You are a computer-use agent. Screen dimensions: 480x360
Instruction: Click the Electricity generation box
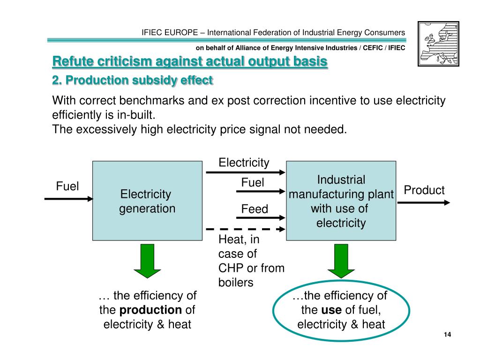click(x=147, y=201)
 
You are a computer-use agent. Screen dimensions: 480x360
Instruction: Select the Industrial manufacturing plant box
click(x=341, y=201)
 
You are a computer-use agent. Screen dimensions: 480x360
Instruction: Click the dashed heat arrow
click(x=245, y=229)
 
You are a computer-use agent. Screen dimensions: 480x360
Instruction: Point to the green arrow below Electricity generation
click(x=147, y=260)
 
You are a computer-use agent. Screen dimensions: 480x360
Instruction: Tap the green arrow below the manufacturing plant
click(x=341, y=260)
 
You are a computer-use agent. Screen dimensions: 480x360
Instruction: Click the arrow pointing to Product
click(x=423, y=202)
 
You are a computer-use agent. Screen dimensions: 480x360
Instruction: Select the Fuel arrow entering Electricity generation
click(x=69, y=199)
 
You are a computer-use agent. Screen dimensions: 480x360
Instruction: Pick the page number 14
click(x=447, y=334)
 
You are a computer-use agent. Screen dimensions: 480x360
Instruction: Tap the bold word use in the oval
click(x=331, y=310)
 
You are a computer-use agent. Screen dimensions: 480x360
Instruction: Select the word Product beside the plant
click(x=424, y=190)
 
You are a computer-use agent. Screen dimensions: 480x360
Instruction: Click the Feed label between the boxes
click(x=255, y=209)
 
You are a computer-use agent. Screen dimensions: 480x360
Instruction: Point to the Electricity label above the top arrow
click(x=244, y=163)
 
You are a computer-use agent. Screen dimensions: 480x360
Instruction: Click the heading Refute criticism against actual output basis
click(x=189, y=61)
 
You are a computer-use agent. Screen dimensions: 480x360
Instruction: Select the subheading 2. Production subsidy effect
click(x=132, y=81)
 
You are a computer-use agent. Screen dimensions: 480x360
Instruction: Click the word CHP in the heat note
click(x=230, y=268)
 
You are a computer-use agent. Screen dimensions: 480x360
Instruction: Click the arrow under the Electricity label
click(x=245, y=172)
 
